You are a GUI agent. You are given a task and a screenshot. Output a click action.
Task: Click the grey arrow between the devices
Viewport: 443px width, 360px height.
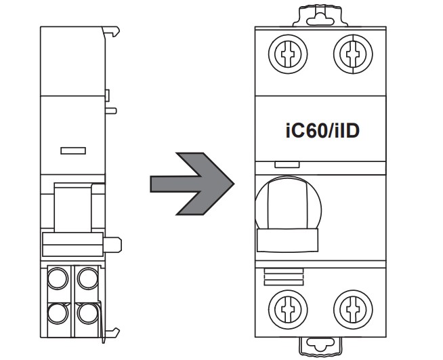tap(191, 184)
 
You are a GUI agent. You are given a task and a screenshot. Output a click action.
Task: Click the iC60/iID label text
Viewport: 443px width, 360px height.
tap(322, 130)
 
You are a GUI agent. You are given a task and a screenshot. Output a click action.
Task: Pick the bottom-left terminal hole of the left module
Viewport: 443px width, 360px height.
tap(56, 312)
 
